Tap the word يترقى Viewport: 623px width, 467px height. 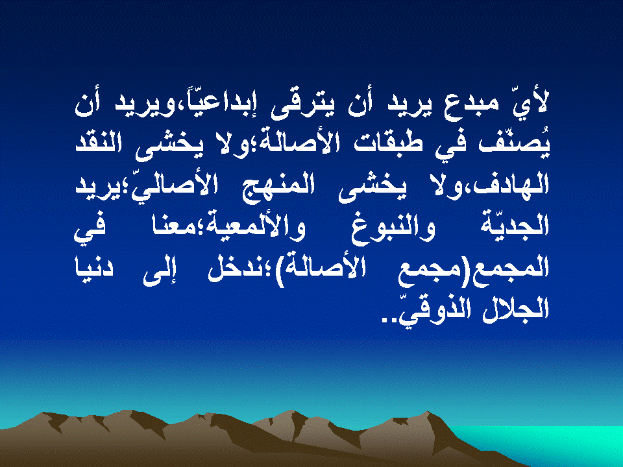point(302,105)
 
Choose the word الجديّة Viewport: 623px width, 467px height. point(514,224)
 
